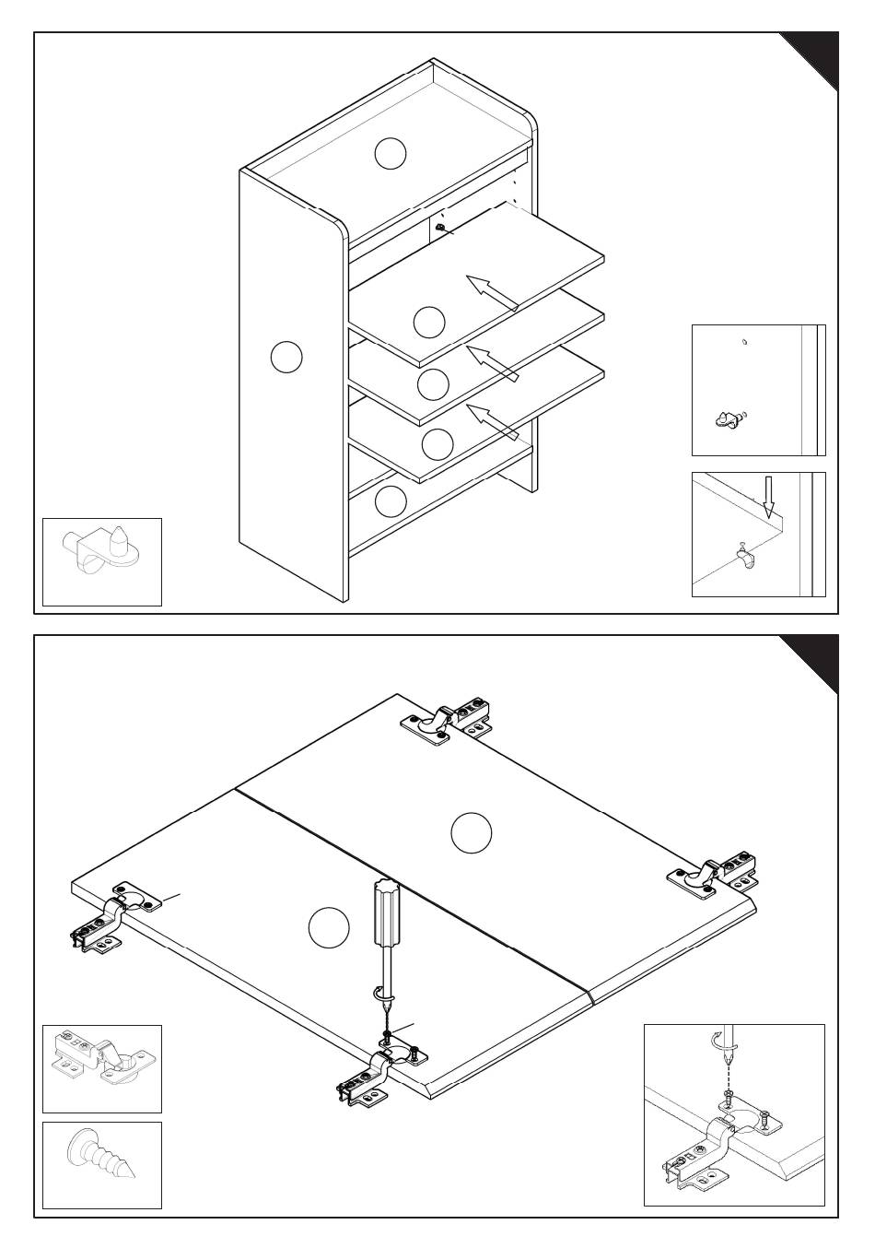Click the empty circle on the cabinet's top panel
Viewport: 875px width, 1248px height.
pos(391,153)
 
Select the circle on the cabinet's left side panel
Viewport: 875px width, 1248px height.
pos(287,357)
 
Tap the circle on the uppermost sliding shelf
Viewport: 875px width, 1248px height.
pos(429,322)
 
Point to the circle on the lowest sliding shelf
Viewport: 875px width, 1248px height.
pos(437,444)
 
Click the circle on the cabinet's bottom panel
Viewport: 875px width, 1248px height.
pos(391,501)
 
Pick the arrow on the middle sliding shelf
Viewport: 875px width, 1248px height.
pos(492,362)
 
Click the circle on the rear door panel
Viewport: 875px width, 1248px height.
pos(471,832)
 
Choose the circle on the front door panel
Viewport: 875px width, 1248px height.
pos(329,927)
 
